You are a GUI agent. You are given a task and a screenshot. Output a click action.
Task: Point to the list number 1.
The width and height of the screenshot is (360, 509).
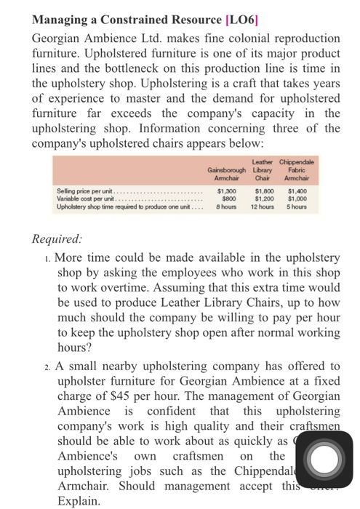click(x=47, y=257)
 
